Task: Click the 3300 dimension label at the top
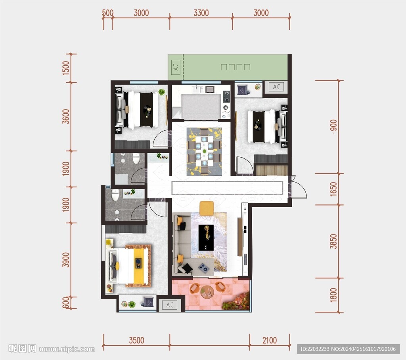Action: (201, 13)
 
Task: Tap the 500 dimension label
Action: (108, 13)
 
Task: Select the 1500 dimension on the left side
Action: (66, 68)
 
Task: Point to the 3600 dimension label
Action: (66, 117)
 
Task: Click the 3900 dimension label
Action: (66, 260)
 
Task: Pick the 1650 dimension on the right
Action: (333, 189)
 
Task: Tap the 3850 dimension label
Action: (333, 241)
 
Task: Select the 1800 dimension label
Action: (333, 295)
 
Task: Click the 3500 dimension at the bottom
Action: (136, 340)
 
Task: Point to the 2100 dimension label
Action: (270, 340)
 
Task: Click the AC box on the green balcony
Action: (176, 67)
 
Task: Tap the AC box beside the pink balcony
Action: (170, 305)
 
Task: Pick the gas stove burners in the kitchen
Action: (226, 96)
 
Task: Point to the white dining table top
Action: (204, 151)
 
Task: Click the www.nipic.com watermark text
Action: (67, 349)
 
